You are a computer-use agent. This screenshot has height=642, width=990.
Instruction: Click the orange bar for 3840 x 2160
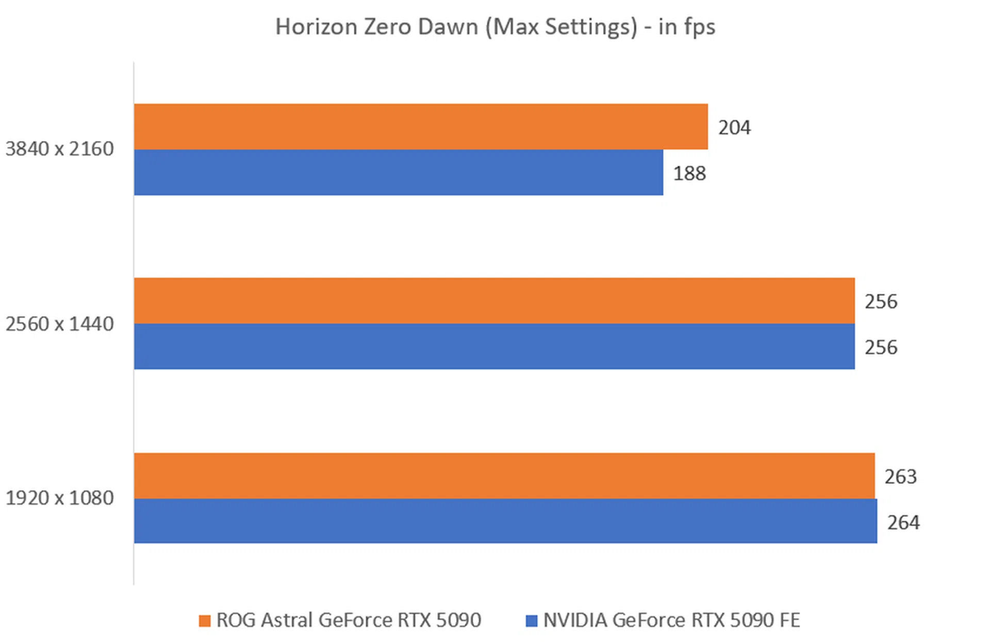420,127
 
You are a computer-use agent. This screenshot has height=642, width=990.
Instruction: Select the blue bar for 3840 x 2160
398,172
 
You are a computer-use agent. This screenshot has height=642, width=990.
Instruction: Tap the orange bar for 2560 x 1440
494,301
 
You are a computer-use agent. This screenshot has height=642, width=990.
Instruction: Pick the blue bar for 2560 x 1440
494,346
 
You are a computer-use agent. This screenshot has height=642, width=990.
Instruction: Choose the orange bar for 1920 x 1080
504,475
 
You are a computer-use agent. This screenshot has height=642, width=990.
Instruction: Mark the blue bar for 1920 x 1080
505,521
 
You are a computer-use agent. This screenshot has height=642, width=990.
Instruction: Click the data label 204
734,127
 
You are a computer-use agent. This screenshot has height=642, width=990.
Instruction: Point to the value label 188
689,173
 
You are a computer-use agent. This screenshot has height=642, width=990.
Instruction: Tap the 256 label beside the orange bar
881,301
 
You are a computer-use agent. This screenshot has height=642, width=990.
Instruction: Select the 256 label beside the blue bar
881,347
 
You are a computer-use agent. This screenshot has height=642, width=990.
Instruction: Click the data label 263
900,476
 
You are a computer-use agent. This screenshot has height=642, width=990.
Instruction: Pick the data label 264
903,522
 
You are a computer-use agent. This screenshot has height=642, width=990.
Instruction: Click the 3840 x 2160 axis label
59,149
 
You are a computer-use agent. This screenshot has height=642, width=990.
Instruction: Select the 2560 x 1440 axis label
59,324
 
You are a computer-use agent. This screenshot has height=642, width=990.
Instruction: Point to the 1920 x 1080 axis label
59,498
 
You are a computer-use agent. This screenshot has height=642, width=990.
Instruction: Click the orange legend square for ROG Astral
205,620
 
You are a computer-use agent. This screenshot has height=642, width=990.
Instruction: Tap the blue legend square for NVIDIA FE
531,620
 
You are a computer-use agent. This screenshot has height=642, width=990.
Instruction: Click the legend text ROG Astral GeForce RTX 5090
349,620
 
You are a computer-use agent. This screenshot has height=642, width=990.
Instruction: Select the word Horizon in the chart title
316,27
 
